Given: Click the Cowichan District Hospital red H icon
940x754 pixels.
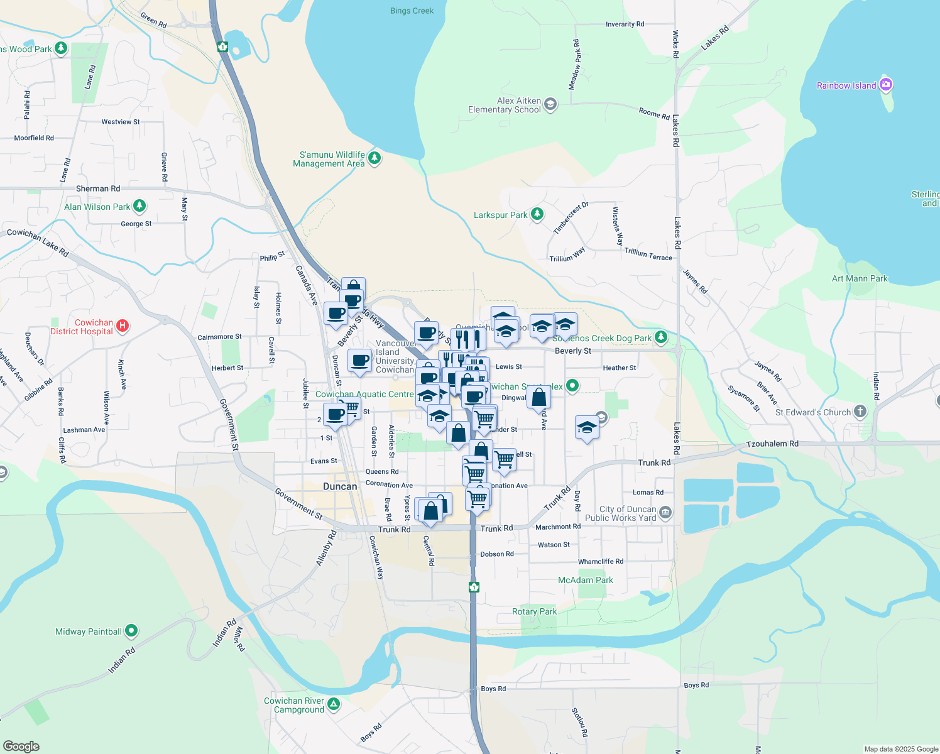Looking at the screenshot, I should (123, 325).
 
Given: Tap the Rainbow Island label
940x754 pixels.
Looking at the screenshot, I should (846, 85).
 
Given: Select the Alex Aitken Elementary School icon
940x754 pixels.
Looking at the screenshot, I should (550, 104).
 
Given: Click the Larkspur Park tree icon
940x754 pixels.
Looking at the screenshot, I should (537, 214).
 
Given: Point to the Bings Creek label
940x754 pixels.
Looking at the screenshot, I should (412, 11).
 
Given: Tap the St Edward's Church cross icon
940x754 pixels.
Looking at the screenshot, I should (860, 412).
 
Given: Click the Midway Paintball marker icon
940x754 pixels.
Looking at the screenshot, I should (131, 630).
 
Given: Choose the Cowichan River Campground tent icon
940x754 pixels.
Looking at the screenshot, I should (334, 704).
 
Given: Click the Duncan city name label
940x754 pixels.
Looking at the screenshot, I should (340, 486).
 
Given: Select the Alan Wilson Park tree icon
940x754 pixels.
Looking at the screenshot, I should (139, 205).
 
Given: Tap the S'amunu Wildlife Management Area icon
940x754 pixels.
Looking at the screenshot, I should (374, 158).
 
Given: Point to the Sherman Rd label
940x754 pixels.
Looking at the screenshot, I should (97, 188).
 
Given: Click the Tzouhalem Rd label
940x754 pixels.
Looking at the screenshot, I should (772, 444).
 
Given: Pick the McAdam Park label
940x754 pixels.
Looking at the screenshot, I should (585, 580).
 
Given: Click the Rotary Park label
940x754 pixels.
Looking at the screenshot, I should (534, 611).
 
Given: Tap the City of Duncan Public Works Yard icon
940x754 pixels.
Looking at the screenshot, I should (665, 513).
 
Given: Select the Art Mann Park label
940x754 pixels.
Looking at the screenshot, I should (860, 278).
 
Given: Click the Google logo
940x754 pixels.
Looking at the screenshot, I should (21, 746).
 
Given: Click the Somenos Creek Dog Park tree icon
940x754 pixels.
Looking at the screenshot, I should (660, 337).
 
